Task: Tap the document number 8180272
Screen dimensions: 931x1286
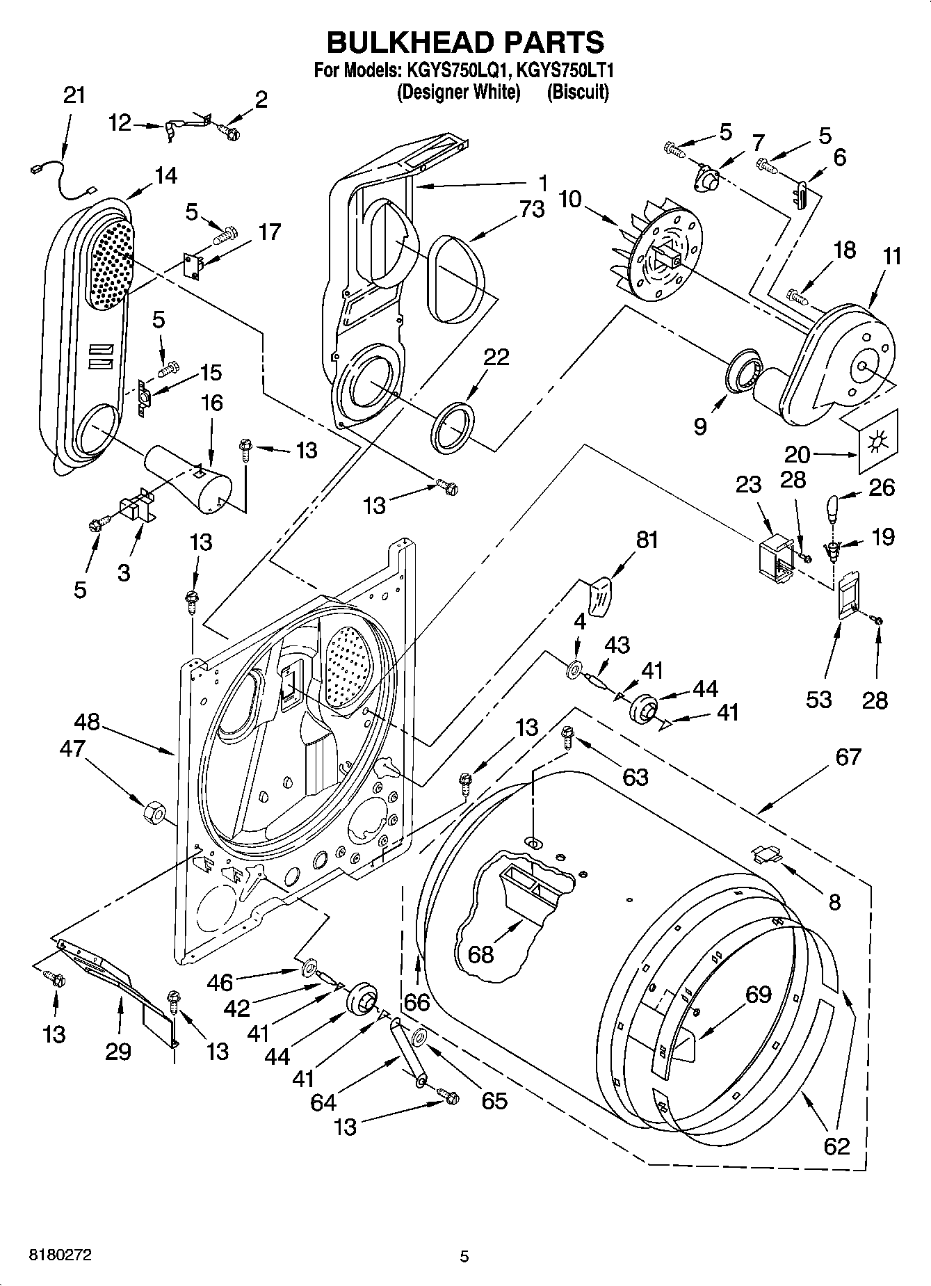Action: [x=60, y=1256]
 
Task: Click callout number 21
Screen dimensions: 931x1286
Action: [x=74, y=95]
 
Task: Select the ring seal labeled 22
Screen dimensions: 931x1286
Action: [x=454, y=426]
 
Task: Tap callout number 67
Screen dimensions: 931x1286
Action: [x=848, y=756]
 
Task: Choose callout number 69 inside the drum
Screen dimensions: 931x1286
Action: [x=759, y=994]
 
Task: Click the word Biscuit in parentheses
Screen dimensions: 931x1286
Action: [x=578, y=92]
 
